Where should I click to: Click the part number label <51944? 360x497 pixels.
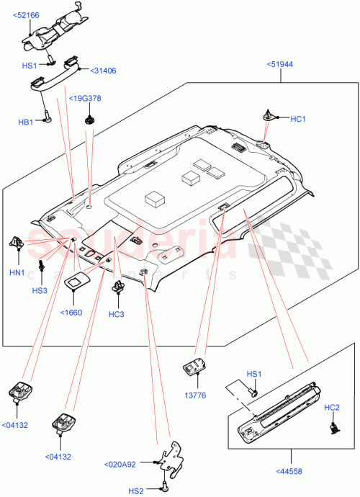pyautogui.click(x=282, y=64)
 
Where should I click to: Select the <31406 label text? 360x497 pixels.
pyautogui.click(x=104, y=71)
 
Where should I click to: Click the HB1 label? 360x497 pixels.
pyautogui.click(x=26, y=122)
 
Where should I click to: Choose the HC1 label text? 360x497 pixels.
pyautogui.click(x=297, y=118)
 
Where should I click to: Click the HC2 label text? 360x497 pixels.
pyautogui.click(x=332, y=408)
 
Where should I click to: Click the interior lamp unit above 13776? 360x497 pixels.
pyautogui.click(x=194, y=367)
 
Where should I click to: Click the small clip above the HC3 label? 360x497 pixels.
pyautogui.click(x=117, y=290)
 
